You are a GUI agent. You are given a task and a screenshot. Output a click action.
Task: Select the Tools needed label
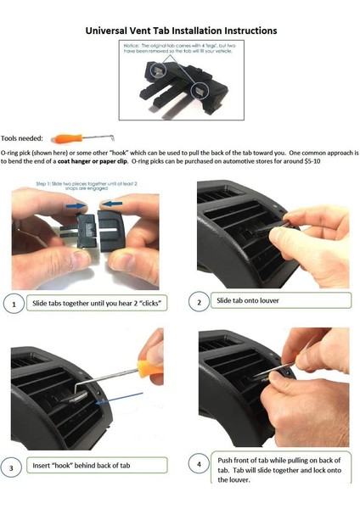pos(25,137)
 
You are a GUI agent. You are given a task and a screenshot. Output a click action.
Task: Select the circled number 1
pos(13,303)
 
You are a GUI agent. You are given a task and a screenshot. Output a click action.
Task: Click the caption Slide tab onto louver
pos(248,301)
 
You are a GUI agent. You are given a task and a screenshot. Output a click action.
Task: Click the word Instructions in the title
pos(238,31)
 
